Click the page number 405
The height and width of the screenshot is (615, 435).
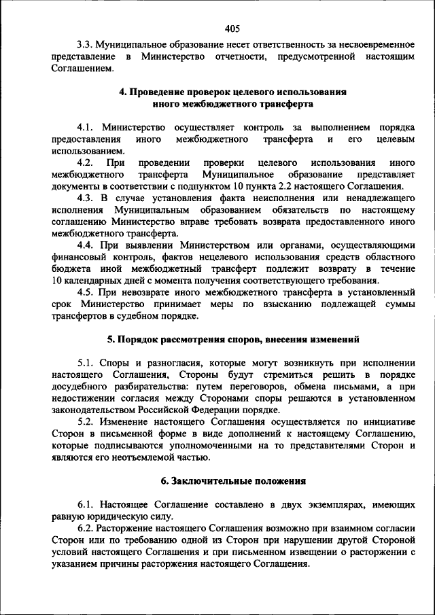tap(231, 29)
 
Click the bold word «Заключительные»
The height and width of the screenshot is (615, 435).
tap(209, 480)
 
